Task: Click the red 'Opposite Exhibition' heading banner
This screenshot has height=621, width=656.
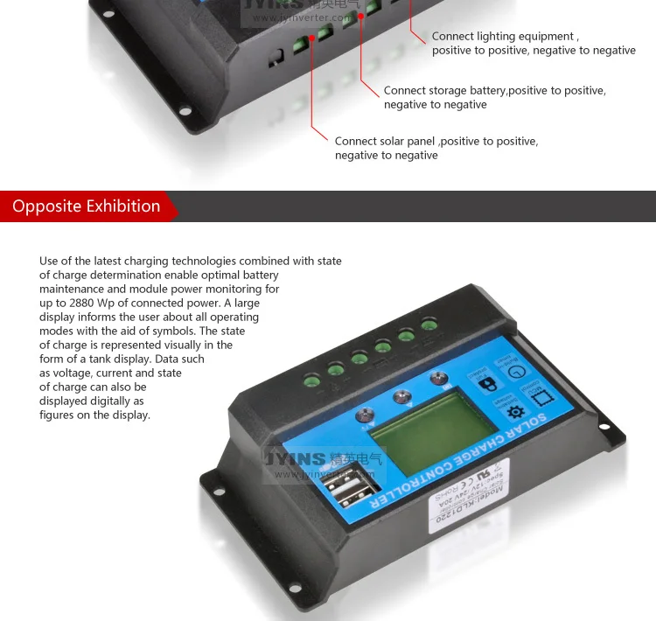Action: click(x=87, y=206)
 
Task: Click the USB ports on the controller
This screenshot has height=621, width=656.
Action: click(x=354, y=485)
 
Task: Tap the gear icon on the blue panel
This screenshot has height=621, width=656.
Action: click(x=516, y=411)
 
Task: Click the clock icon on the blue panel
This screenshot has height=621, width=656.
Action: click(x=515, y=372)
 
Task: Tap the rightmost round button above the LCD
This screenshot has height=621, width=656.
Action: click(x=439, y=379)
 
